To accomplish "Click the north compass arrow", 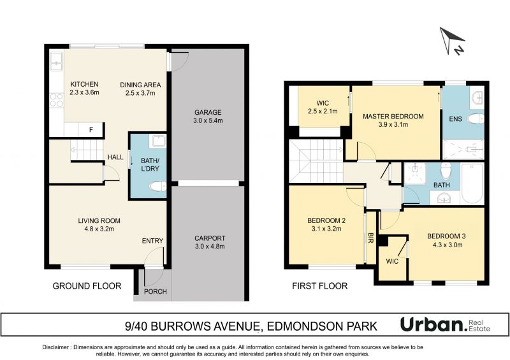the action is pos(451,40).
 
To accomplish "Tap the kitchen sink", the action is pos(56,61).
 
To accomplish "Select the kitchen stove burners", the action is pos(57,100).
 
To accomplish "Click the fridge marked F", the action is pos(91,130).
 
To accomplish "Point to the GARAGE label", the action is pos(208,113).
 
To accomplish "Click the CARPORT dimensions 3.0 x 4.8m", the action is pos(210,246).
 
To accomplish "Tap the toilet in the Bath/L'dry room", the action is pos(157,186).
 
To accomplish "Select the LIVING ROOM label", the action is pos(99,220).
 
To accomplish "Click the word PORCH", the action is pos(156,291).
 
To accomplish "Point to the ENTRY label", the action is pos(152,241).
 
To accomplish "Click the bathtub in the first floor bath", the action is pos(472,184).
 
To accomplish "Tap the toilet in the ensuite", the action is pos(475,119).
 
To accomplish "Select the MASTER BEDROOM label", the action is pos(393,116).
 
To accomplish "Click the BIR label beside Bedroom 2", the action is pos(370,238).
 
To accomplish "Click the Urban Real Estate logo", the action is pos(445,324).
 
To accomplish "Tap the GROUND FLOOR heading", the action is pos(87,286).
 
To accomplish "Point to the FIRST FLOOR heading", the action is pos(320,286).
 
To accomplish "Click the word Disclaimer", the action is pos(55,347).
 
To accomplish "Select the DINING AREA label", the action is pos(140,85).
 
